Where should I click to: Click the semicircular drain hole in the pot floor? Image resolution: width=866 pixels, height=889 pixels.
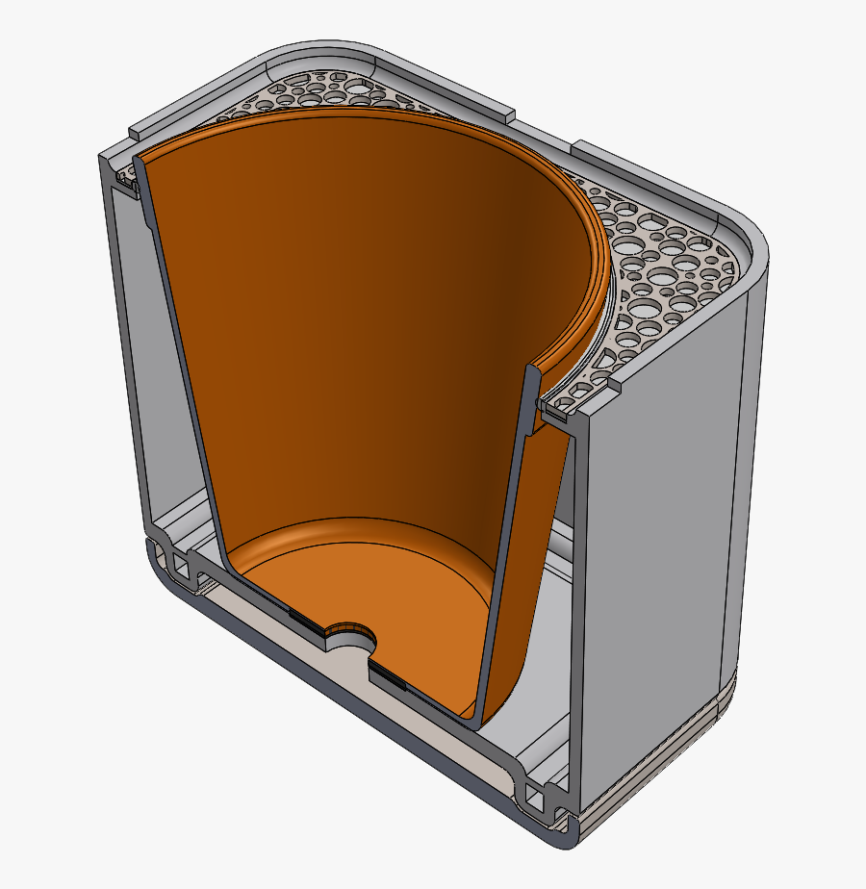pos(352,637)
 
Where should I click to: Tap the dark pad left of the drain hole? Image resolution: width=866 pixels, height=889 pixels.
pos(308,622)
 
